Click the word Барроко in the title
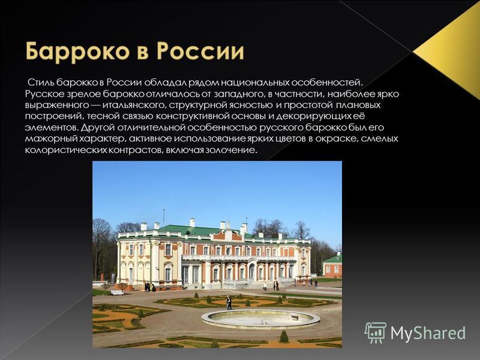78,52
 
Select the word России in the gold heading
200,52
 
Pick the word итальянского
134,105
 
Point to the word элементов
50,127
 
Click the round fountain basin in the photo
260,319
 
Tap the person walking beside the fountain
229,302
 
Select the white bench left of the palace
116,292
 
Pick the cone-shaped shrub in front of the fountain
284,336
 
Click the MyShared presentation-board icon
376,332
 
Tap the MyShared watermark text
428,333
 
